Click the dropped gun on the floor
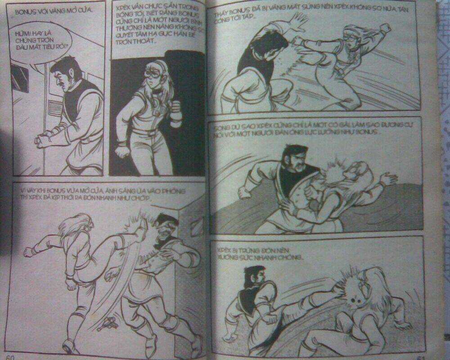click(x=109, y=320)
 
